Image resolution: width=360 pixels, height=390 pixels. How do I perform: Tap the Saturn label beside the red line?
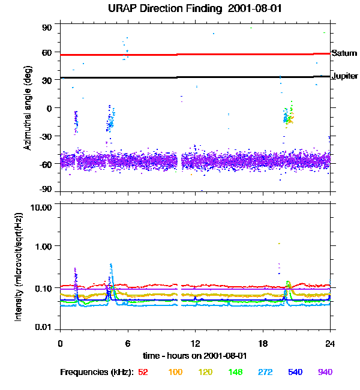point(344,53)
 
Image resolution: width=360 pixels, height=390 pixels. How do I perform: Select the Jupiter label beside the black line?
point(345,76)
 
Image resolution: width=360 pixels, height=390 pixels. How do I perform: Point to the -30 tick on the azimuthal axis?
point(45,136)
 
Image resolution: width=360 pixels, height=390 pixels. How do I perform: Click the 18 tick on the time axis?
point(263,342)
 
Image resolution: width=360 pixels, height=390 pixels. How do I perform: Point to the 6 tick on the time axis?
point(127,342)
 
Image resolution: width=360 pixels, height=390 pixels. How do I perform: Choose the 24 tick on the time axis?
point(330,342)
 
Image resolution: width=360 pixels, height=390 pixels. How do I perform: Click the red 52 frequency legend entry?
point(143,372)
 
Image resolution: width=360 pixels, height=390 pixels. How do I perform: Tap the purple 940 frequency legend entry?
point(325,372)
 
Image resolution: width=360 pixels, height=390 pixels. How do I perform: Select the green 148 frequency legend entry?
point(235,372)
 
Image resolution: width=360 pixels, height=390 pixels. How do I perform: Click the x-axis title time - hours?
point(194,355)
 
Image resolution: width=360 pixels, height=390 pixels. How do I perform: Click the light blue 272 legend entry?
point(265,372)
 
